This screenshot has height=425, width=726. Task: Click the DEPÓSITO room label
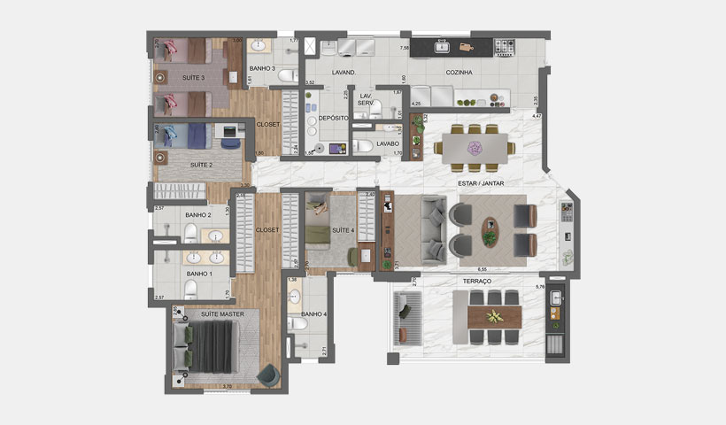click(333, 117)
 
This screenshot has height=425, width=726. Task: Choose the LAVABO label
click(389, 143)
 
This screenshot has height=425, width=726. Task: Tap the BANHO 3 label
click(262, 68)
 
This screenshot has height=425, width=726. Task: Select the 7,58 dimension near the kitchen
click(404, 48)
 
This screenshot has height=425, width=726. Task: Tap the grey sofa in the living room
click(433, 229)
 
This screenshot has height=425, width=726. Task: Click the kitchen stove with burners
click(506, 45)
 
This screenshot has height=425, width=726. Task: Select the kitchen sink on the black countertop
click(443, 45)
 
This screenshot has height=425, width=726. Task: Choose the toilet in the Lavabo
click(362, 146)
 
